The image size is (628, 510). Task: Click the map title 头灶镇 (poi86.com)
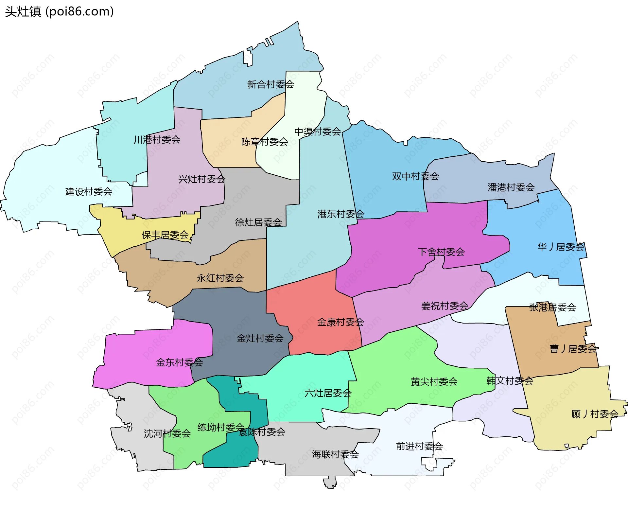tap(60, 12)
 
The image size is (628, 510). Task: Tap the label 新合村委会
tap(270, 84)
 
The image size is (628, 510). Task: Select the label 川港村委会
tap(157, 140)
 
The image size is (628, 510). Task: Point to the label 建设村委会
tap(89, 191)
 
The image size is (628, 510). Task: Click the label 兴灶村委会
tap(201, 179)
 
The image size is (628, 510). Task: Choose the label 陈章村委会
tap(264, 142)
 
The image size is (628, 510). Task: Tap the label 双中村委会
tap(415, 176)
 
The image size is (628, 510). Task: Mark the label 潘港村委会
tap(511, 187)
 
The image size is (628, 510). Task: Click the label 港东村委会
tap(340, 214)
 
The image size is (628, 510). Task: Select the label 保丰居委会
tap(165, 235)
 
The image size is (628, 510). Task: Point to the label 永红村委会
tap(220, 278)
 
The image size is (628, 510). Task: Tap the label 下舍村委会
tap(441, 252)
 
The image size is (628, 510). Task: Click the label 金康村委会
tap(340, 322)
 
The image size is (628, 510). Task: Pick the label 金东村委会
tap(179, 362)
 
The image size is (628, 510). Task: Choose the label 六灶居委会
tap(328, 393)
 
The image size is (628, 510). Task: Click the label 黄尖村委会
tap(434, 381)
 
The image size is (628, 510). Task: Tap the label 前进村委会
tap(419, 446)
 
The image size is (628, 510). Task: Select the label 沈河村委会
tap(167, 433)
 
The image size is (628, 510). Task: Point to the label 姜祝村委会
tap(445, 306)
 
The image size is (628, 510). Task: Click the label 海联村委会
tap(335, 454)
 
